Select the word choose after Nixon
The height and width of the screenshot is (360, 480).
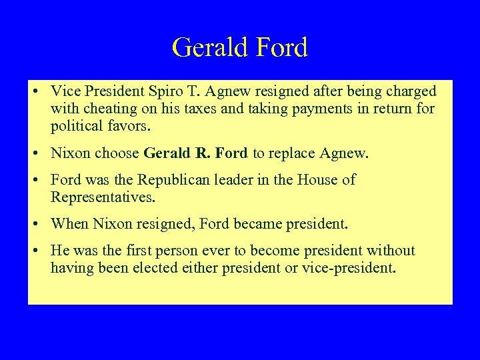pos(116,153)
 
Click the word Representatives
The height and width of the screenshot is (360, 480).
pos(102,197)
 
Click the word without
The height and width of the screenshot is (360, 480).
pos(390,251)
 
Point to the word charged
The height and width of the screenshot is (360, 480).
pos(409,91)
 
